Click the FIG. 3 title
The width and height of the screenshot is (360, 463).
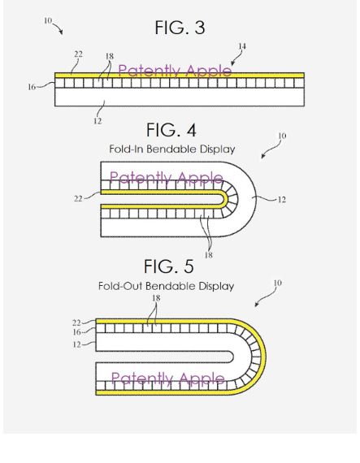[x=180, y=28]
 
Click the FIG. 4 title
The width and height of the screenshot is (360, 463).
[x=171, y=130]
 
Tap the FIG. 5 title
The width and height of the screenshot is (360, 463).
[x=169, y=266]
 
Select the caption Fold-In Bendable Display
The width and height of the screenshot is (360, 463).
[x=172, y=149]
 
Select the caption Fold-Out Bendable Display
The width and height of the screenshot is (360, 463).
[x=167, y=286]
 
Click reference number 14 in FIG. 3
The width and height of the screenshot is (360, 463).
[x=242, y=46]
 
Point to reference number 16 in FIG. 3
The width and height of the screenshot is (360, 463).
[x=32, y=87]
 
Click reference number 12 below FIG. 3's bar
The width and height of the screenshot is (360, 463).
[x=98, y=121]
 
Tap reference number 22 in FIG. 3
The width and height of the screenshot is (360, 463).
[x=78, y=54]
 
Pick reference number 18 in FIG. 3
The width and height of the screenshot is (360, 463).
[x=110, y=56]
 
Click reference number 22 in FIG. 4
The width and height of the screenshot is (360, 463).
[x=78, y=198]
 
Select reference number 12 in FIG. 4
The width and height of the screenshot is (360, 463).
[x=282, y=200]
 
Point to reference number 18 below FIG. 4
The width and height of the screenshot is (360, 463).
[x=209, y=255]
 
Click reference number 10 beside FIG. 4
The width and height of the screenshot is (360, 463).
[x=282, y=136]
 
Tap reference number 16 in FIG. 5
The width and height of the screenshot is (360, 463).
[x=76, y=332]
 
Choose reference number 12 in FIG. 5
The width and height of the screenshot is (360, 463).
[x=76, y=344]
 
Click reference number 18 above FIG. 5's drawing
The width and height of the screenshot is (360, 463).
[x=156, y=298]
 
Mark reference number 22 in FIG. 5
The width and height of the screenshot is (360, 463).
[x=76, y=322]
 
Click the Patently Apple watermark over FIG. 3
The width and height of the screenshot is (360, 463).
[x=175, y=71]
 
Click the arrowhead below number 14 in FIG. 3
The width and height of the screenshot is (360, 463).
[x=232, y=63]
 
